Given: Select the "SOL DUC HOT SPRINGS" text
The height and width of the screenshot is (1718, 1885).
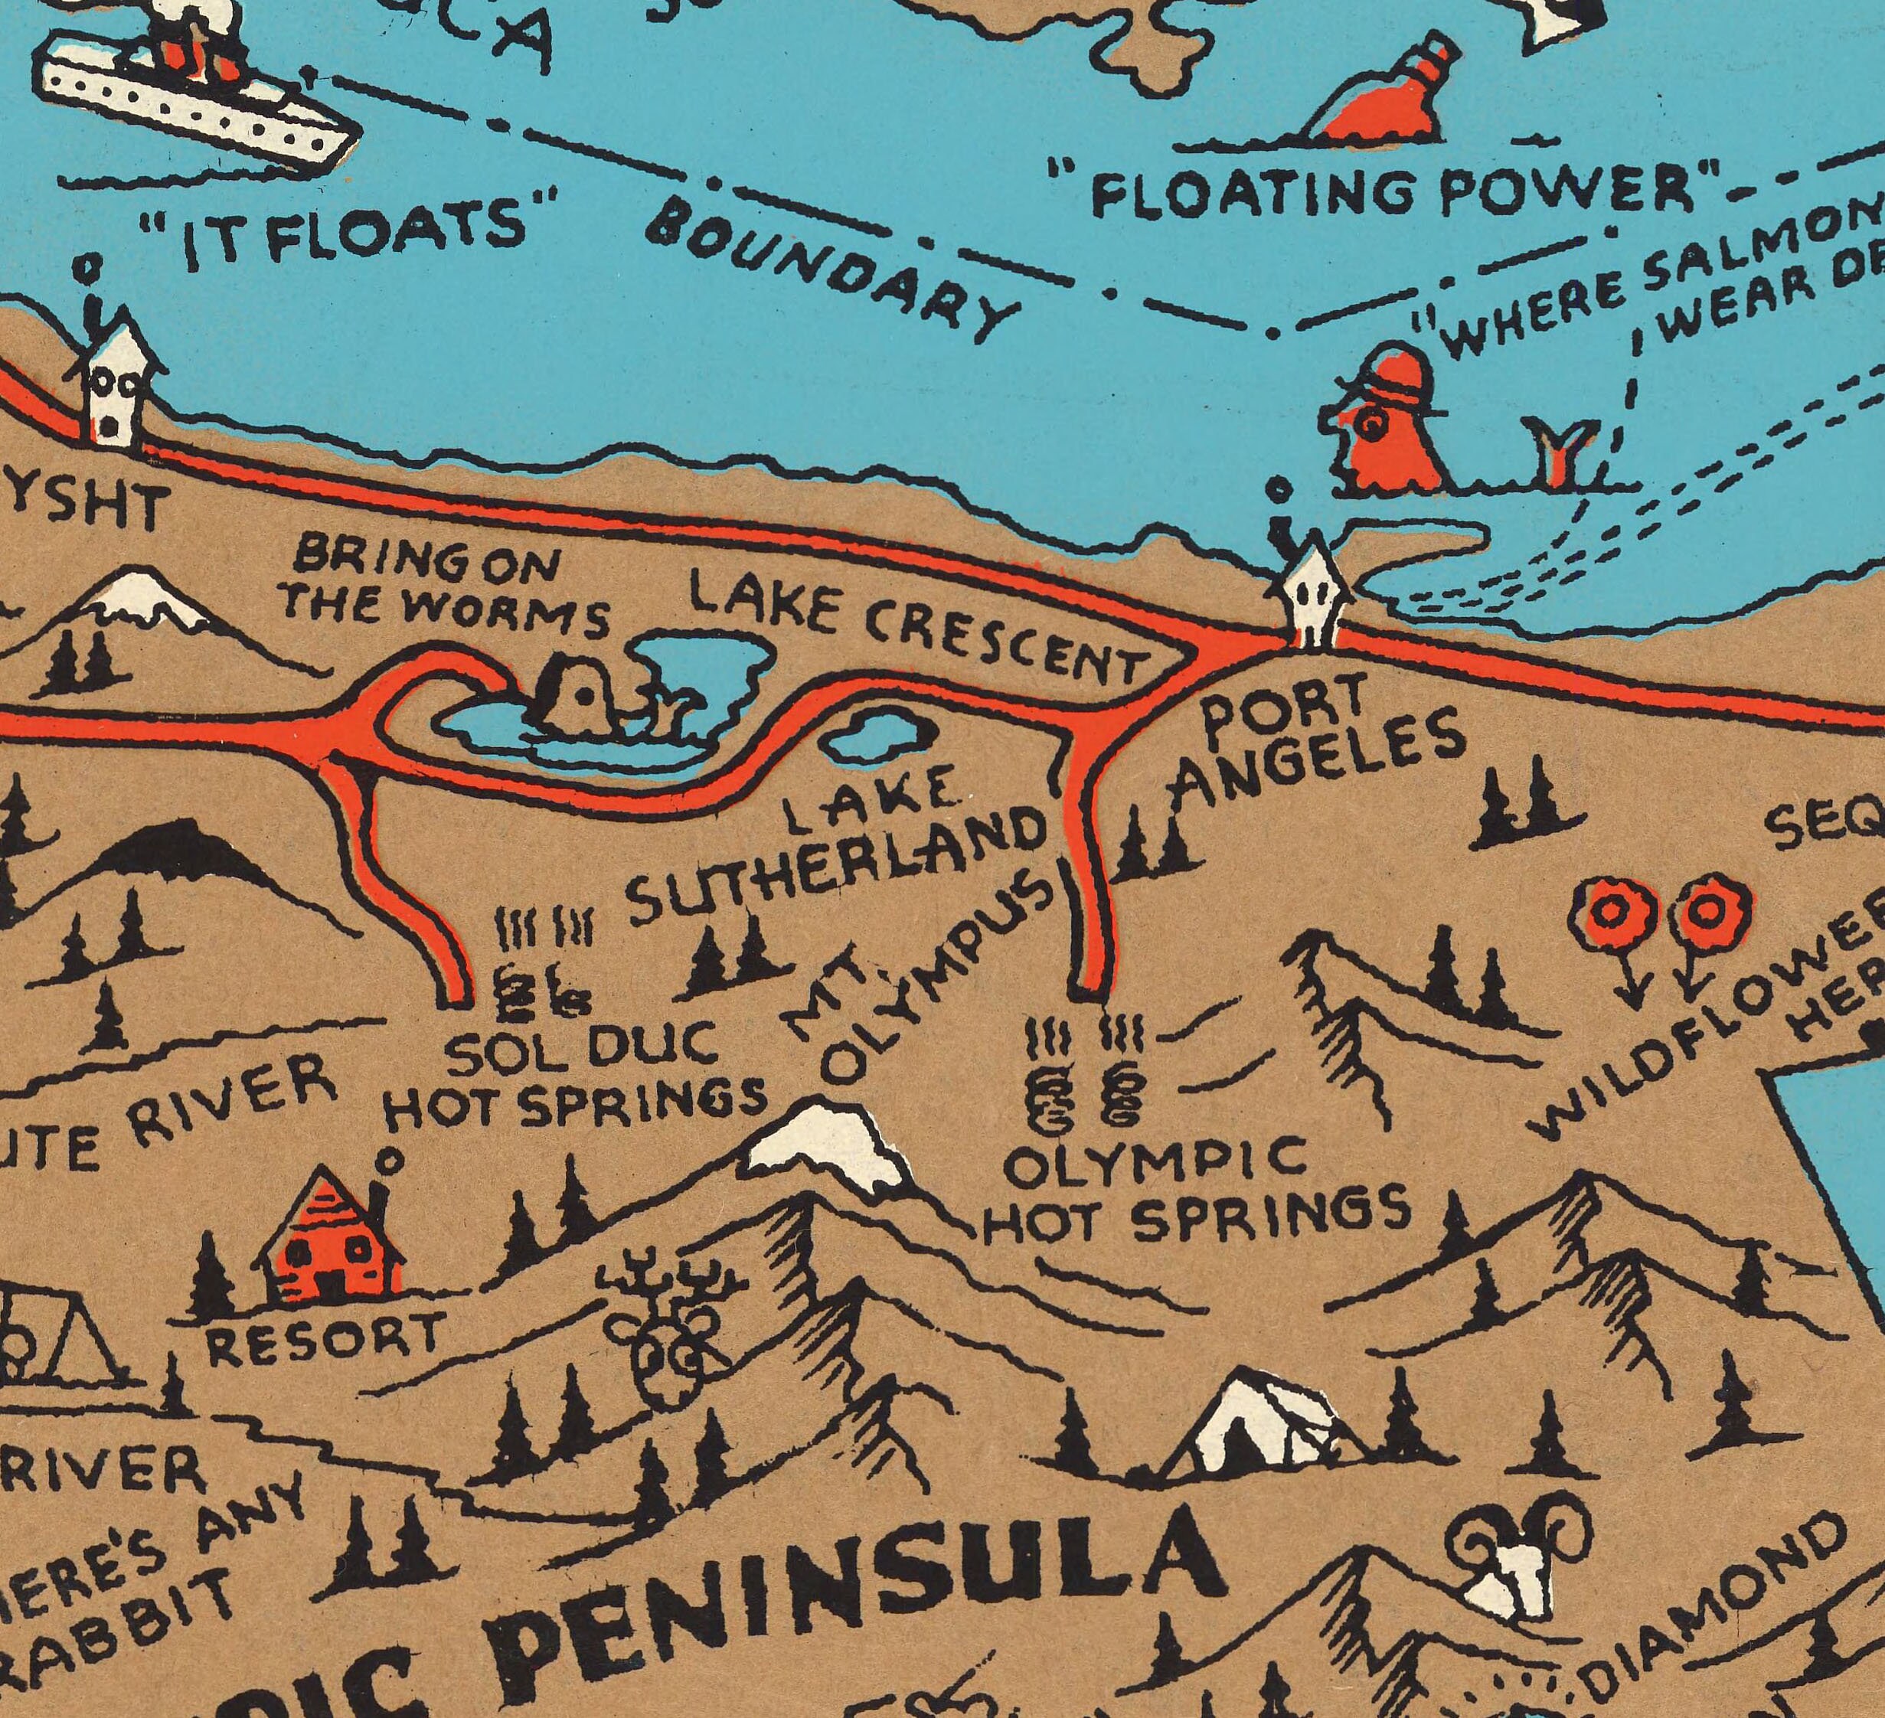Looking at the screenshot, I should pyautogui.click(x=576, y=1076).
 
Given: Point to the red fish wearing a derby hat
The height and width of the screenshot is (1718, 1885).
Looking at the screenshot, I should pyautogui.click(x=1384, y=421).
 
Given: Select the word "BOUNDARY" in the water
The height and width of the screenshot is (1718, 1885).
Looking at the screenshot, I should pyautogui.click(x=832, y=271).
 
